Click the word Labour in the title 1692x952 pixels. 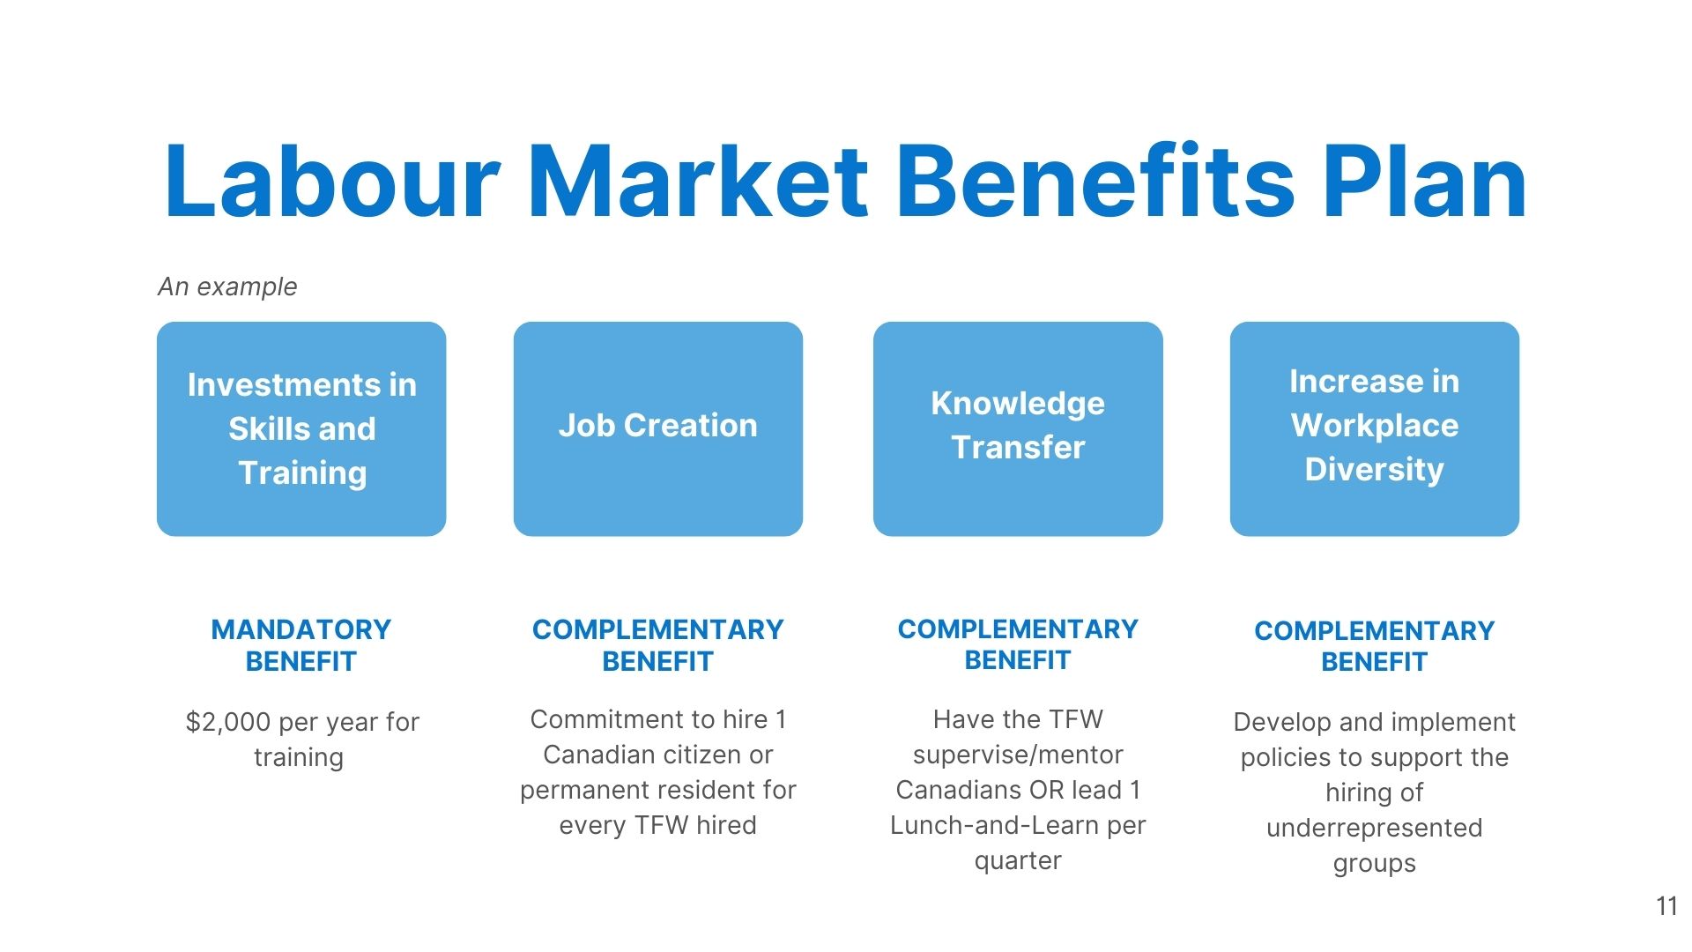coord(332,182)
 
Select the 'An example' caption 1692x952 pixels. coord(227,286)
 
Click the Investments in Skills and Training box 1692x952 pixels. coord(301,428)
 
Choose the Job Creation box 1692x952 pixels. coord(658,428)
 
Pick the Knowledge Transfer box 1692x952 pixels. coord(1018,428)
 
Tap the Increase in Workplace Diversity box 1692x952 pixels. coord(1375,428)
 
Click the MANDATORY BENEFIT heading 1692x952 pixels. coord(301,645)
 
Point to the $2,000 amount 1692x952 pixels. coord(228,723)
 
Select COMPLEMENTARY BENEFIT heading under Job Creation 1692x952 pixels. coord(658,645)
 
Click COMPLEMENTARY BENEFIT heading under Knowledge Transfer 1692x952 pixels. coord(1018,644)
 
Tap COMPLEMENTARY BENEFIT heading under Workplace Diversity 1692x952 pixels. coord(1375,646)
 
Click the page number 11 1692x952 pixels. coord(1666,906)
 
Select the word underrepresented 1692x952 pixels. coord(1375,829)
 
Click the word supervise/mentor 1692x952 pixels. coord(1018,755)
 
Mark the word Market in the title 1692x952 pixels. coord(698,182)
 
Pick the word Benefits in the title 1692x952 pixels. coord(1095,182)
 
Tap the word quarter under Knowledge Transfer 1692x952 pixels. coord(1018,861)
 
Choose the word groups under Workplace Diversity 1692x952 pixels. coord(1375,864)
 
